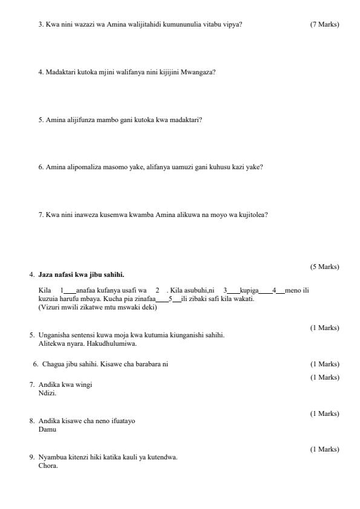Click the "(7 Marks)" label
pyautogui.click(x=324, y=24)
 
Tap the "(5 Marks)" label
pyautogui.click(x=324, y=267)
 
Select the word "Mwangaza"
pyautogui.click(x=200, y=72)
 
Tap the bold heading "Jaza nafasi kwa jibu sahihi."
pyautogui.click(x=81, y=274)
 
